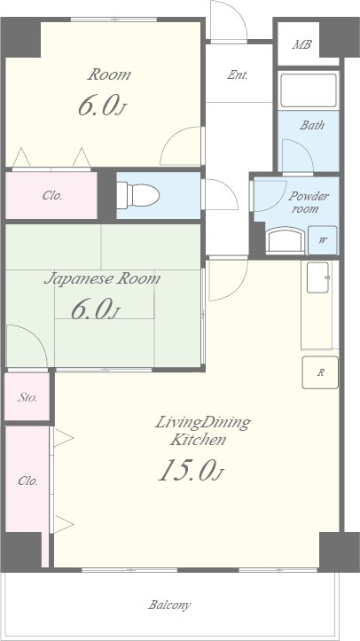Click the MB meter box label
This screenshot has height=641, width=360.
[301, 44]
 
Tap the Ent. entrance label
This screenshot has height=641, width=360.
[238, 74]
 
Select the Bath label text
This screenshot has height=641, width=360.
[312, 125]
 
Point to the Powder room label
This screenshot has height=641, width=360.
[309, 202]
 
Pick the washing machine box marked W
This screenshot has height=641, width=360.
[323, 240]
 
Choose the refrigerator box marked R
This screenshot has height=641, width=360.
[320, 372]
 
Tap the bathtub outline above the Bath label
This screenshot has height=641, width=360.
[309, 90]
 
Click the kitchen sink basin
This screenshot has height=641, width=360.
[318, 278]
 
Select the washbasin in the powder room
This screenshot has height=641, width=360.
[286, 241]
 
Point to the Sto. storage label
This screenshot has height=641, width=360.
[27, 397]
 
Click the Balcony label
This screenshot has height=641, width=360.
[169, 605]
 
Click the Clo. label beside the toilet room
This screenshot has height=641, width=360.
[52, 196]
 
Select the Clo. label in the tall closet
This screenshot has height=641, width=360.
[27, 481]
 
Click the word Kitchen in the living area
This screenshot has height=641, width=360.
[198, 440]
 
